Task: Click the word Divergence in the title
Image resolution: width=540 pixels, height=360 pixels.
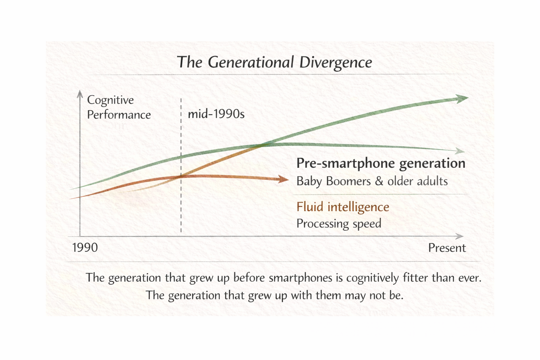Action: [335, 63]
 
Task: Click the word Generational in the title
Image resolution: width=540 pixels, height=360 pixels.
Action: [250, 63]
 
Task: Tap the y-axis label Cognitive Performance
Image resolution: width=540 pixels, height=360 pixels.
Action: [118, 107]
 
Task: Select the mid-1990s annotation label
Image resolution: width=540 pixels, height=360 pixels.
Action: [216, 114]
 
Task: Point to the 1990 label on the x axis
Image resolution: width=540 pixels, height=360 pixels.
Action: [85, 248]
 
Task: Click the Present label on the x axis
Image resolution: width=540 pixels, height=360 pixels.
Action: [446, 248]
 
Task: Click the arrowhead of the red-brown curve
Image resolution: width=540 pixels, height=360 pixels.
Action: [283, 179]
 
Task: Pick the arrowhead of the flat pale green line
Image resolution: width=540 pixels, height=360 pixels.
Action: [460, 151]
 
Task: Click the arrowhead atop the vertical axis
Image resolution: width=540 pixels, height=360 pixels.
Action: [80, 94]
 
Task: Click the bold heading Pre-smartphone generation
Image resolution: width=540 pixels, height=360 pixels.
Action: [381, 163]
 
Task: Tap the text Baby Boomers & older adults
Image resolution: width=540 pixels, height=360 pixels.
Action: [372, 181]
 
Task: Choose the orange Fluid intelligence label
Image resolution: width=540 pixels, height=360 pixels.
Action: [343, 207]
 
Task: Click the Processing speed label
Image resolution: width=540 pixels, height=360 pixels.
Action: [339, 224]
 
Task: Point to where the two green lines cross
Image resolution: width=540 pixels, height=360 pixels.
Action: [263, 144]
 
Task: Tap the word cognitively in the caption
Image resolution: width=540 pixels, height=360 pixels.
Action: [373, 278]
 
